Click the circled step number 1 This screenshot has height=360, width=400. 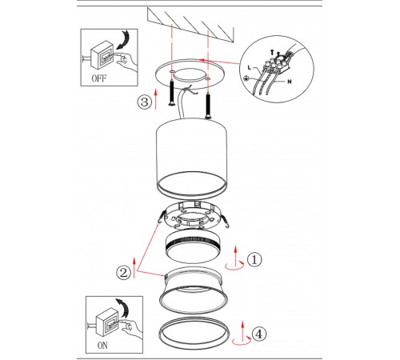[254, 259]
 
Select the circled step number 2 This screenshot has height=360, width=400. [123, 273]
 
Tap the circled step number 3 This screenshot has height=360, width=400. [145, 102]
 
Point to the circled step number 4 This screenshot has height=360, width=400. [259, 334]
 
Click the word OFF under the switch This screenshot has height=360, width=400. [99, 78]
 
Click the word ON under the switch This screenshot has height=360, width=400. [102, 346]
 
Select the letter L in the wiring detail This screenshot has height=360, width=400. [250, 68]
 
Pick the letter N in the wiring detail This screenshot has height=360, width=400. [290, 82]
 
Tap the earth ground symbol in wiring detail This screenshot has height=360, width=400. [246, 78]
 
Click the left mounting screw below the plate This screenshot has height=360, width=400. [171, 93]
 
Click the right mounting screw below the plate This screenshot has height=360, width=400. [208, 106]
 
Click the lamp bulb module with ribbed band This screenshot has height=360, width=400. [194, 246]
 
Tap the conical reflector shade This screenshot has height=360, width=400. [194, 290]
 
